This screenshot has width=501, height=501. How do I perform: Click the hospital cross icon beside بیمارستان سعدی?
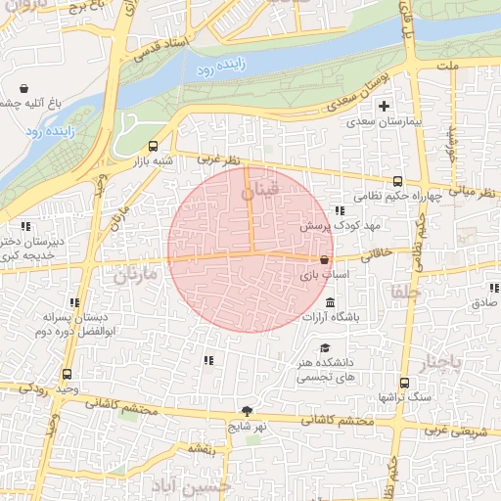coord(384,106)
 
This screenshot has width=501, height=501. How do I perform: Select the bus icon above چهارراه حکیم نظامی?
coord(397,181)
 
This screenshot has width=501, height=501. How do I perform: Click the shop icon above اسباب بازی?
coord(324,260)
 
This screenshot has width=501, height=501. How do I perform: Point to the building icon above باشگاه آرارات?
coord(330,302)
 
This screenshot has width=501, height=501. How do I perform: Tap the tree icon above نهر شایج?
coord(247,411)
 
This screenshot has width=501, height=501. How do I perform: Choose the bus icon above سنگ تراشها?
coord(403,384)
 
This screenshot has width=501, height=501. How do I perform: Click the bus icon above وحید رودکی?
coord(67,374)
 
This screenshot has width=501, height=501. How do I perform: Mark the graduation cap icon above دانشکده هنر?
coord(325,347)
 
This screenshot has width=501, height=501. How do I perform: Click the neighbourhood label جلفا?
coord(404,292)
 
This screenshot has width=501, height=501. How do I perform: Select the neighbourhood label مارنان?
coord(134,276)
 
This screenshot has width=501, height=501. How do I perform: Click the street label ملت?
coord(448,66)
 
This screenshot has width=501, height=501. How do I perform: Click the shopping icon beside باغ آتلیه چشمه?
coord(23,88)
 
